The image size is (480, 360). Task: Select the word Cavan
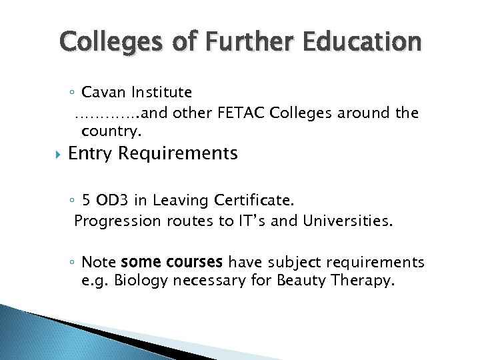click(105, 92)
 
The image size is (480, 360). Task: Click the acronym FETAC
click(243, 113)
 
